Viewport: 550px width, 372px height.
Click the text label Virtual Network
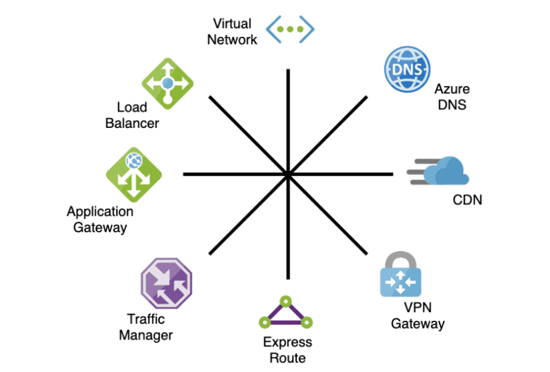point(232,32)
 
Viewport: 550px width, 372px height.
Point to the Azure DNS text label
point(452,97)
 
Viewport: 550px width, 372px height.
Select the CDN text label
point(467,200)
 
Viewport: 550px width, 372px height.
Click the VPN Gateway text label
point(417,315)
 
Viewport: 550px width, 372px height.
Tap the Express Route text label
point(287,350)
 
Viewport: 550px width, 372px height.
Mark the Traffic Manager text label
point(146,327)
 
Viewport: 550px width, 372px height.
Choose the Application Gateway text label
point(100,219)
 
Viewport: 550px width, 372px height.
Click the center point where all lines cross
point(287,174)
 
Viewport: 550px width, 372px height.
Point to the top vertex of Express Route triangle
point(285,301)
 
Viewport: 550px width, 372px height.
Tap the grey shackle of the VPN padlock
point(400,258)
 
